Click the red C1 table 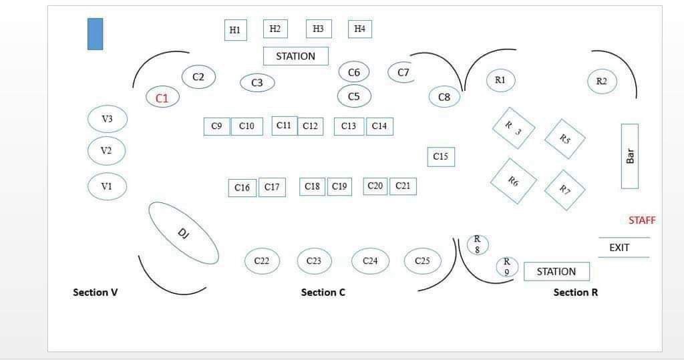tap(162, 98)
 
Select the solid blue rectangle tap(95, 33)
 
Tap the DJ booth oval tap(183, 232)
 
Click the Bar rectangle tap(629, 156)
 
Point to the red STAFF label tap(641, 220)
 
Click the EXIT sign tap(620, 248)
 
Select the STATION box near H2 tap(295, 56)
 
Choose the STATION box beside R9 tap(556, 271)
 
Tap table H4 tap(359, 29)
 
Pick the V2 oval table tap(107, 150)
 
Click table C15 tap(440, 156)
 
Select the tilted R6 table tap(513, 181)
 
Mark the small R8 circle tap(477, 244)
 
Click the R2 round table tap(601, 81)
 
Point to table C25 tap(422, 260)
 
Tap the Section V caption tap(95, 292)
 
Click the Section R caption tap(575, 292)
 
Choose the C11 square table tap(284, 126)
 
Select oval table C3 tap(257, 83)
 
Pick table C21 tap(403, 186)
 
